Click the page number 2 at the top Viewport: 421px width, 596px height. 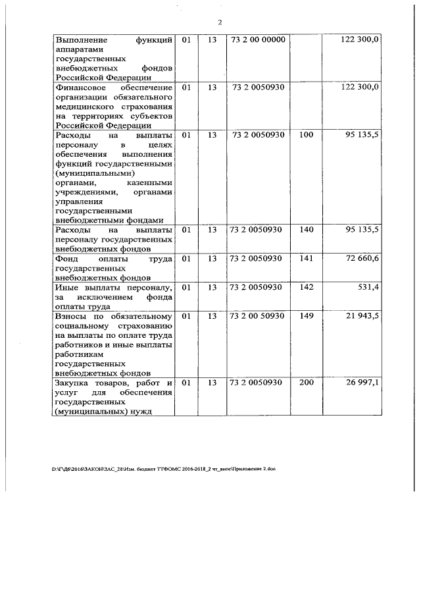coord(220,22)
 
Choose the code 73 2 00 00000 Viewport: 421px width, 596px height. coord(259,40)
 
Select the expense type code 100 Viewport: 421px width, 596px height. coord(306,135)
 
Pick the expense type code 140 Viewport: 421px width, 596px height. coord(306,230)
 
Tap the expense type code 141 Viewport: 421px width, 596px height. coord(306,259)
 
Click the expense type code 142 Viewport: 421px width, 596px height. coord(306,287)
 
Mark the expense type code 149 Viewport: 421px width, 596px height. coord(306,316)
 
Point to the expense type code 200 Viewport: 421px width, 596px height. coord(306,383)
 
